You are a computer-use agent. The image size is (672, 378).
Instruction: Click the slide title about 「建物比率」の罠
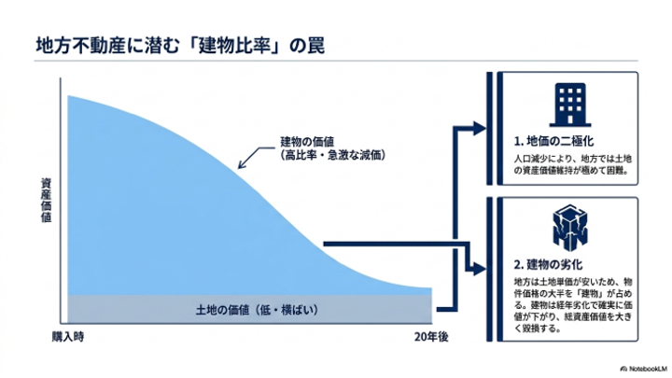click(180, 46)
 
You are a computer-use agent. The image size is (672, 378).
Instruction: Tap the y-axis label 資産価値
click(47, 201)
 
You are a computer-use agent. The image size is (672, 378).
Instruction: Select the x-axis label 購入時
click(68, 337)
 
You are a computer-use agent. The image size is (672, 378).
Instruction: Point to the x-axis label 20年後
click(431, 337)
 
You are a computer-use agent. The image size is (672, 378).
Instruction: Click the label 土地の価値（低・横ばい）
click(258, 310)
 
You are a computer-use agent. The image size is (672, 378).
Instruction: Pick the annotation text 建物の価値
click(307, 142)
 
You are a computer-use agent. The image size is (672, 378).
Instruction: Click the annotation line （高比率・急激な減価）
click(332, 154)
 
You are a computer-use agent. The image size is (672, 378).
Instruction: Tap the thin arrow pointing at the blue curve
click(256, 157)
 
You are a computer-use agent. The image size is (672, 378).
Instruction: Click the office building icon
click(570, 105)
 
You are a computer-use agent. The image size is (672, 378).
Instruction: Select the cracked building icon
click(570, 228)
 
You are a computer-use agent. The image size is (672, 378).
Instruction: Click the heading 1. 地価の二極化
click(553, 141)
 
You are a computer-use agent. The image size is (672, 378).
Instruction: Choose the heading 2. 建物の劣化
click(548, 264)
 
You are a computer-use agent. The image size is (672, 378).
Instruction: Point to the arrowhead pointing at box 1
click(480, 128)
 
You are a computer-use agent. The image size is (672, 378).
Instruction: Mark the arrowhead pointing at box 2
click(480, 269)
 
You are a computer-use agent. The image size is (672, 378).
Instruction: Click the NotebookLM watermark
click(644, 369)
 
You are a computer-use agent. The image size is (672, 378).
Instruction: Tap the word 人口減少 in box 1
click(531, 159)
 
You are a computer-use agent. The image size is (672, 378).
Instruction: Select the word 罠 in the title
click(315, 46)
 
